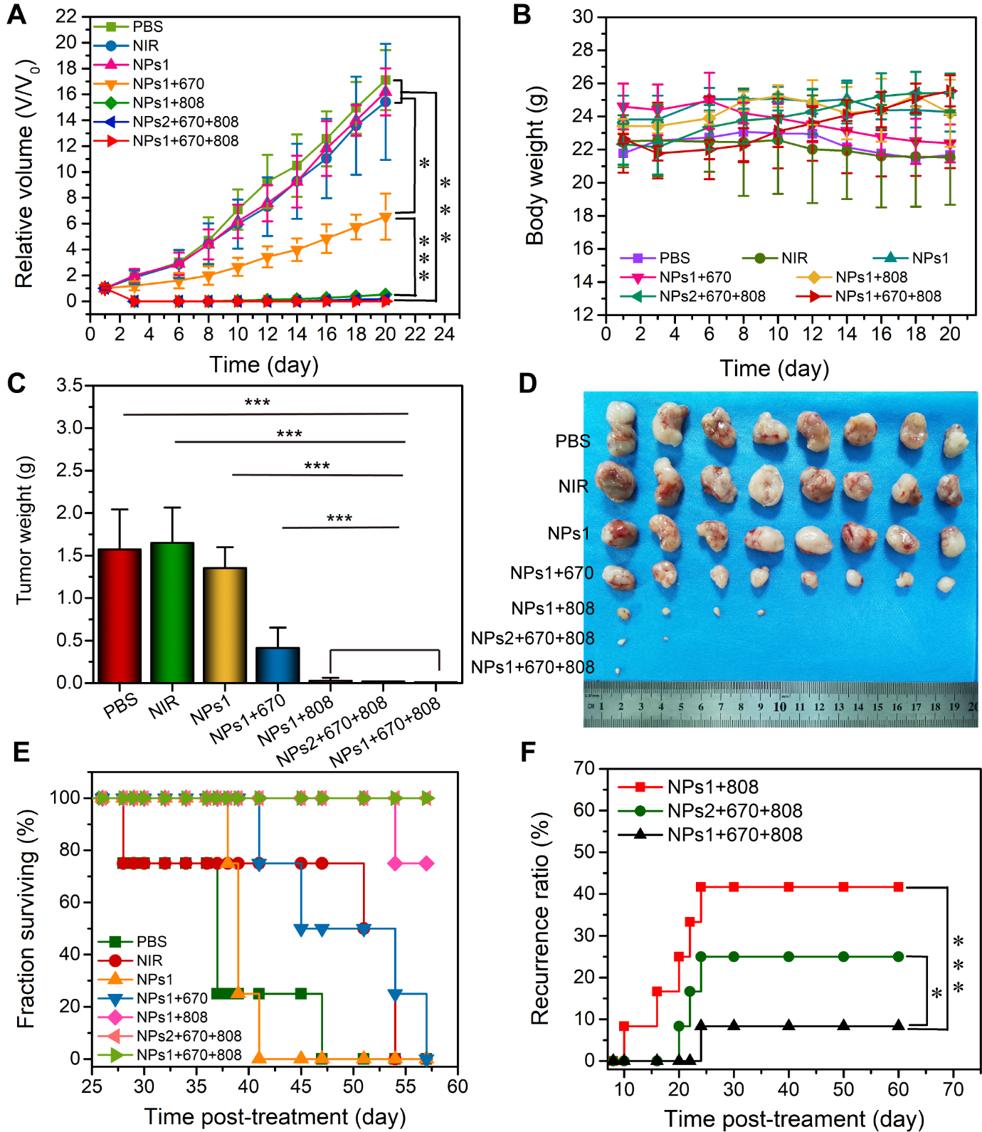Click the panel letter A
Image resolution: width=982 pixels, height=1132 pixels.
[x=16, y=14]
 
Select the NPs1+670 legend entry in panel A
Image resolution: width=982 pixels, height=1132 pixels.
[x=168, y=84]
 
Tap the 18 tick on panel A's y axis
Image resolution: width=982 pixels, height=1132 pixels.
[x=66, y=68]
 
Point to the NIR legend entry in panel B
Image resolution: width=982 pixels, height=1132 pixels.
[x=793, y=258]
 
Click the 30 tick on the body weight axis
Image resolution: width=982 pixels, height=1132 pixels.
[x=583, y=16]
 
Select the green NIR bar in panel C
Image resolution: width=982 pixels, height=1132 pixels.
[x=172, y=612]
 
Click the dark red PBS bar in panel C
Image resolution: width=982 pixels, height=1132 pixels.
[x=120, y=616]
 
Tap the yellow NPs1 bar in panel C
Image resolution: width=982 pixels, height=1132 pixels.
[x=225, y=624]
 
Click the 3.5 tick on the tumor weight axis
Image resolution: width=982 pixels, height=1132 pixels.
[x=70, y=386]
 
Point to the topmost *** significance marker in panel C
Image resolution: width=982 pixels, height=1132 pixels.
[x=257, y=403]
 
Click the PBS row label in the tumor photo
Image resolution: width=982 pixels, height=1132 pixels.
[x=572, y=441]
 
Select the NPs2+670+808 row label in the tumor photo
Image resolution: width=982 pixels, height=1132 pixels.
[x=532, y=638]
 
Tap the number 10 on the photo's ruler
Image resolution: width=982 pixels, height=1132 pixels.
[x=780, y=707]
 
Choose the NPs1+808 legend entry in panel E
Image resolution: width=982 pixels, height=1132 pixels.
[x=171, y=1017]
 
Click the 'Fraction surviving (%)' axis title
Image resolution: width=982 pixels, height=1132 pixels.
[x=26, y=918]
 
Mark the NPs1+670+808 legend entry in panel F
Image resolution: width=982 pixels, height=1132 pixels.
[x=734, y=834]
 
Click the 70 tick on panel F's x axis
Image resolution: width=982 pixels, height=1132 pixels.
[x=953, y=1089]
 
